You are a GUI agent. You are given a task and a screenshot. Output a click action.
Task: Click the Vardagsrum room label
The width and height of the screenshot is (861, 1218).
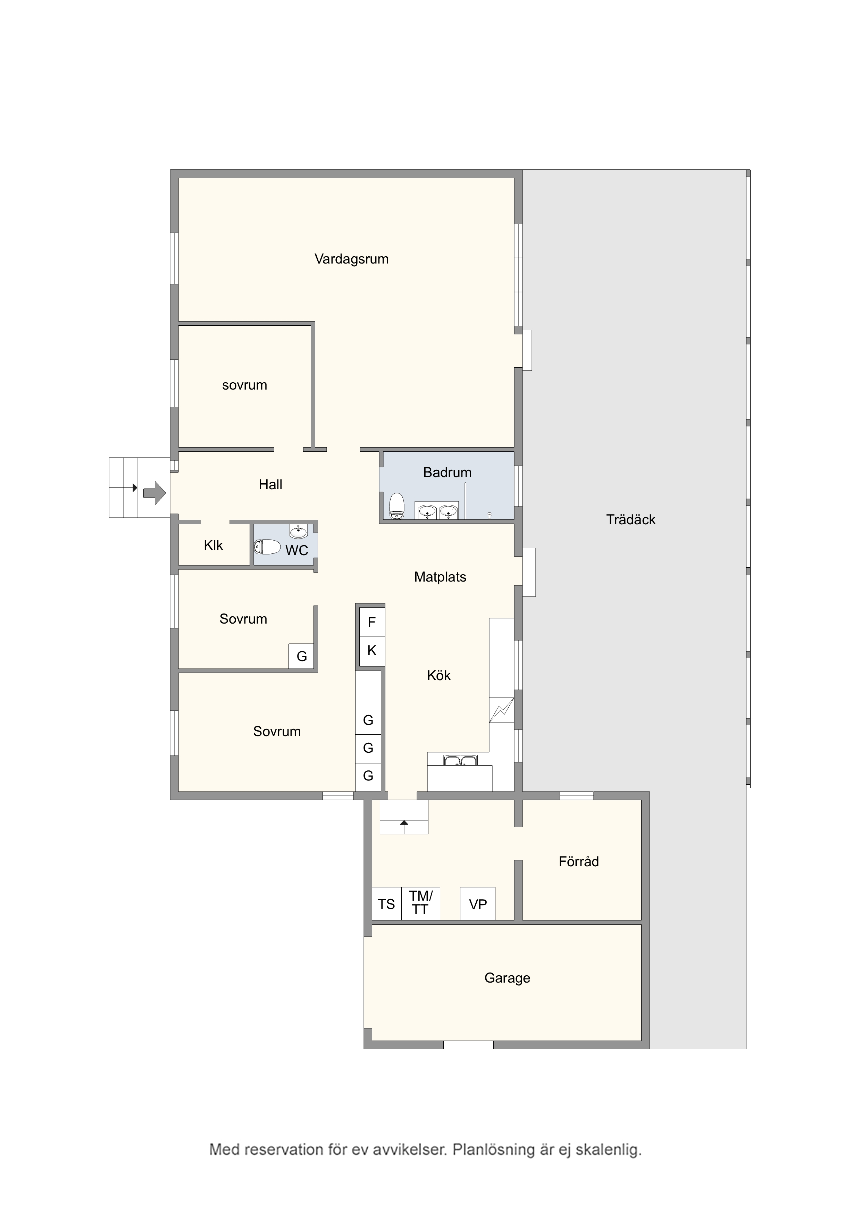[351, 259]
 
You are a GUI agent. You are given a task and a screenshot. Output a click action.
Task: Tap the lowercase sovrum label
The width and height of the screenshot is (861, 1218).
[244, 385]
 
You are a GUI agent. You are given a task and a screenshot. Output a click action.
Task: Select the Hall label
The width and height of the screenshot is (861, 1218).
[270, 484]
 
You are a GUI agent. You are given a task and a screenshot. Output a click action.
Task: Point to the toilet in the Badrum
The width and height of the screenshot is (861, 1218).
[396, 506]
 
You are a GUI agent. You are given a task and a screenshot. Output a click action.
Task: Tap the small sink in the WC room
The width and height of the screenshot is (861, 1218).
[298, 531]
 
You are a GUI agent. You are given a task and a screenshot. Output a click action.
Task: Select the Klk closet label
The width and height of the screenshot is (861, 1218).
[213, 545]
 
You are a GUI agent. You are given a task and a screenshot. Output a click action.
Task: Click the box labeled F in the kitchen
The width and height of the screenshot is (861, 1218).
[372, 622]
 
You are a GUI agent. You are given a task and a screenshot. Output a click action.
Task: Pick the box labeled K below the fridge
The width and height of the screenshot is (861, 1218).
[372, 650]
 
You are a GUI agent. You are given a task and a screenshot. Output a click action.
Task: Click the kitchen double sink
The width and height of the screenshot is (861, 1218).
[460, 761]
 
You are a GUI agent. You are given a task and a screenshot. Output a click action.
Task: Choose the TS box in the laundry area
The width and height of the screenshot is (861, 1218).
[386, 904]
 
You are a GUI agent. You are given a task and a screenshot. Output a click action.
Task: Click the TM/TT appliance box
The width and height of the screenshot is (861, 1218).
[421, 903]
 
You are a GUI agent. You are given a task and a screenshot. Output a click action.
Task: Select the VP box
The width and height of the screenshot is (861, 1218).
[477, 904]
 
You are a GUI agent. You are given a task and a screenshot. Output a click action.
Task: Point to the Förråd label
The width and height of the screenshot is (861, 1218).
[578, 861]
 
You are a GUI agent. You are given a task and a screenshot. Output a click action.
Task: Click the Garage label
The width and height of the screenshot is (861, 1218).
[507, 978]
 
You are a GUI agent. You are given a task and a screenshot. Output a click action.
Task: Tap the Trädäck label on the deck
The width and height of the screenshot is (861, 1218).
[631, 519]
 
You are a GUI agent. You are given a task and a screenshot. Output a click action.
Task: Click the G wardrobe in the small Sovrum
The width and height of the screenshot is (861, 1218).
[301, 656]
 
